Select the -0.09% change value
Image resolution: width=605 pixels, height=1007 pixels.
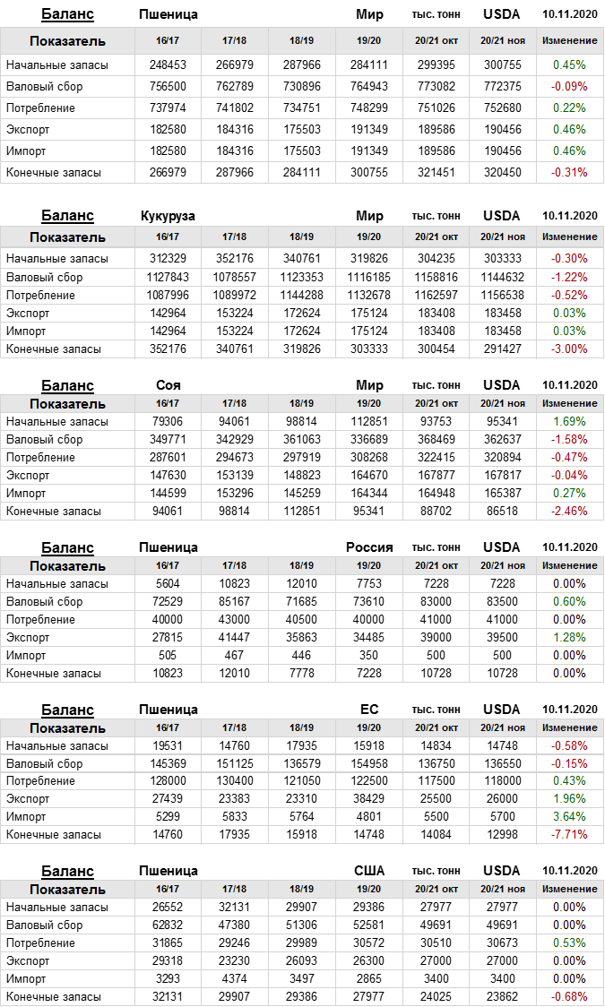tap(569, 86)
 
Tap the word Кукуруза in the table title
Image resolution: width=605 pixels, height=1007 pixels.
tap(168, 216)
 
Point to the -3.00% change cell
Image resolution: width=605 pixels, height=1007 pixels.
tap(569, 349)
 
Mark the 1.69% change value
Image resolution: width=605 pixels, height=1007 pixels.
tap(569, 421)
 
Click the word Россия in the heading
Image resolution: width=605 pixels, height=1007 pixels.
tap(369, 547)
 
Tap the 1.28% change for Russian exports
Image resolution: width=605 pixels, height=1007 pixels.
tap(569, 637)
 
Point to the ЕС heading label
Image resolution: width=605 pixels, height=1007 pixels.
tap(369, 710)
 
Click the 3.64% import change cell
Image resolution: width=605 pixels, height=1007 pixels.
tap(569, 816)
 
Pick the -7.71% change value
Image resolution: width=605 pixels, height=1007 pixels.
tap(569, 834)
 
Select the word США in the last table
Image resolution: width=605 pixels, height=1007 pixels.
tap(369, 871)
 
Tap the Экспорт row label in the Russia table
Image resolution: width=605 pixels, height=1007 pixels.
tap(28, 637)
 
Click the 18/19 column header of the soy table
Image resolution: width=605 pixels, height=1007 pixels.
tap(302, 404)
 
